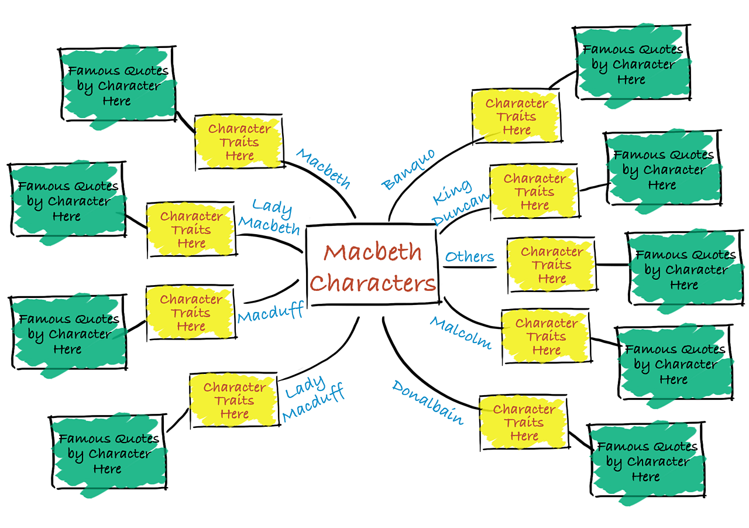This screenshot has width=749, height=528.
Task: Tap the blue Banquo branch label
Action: [408, 170]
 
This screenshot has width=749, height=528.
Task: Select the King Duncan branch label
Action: [460, 202]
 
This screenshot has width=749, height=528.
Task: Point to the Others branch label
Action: [469, 256]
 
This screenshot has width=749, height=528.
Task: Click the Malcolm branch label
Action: [461, 332]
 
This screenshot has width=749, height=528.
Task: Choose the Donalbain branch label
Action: [428, 402]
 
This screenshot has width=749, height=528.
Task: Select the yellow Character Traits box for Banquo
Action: [516, 116]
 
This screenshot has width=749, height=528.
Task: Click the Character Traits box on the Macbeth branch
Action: [239, 142]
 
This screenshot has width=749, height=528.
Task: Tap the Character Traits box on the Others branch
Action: [551, 265]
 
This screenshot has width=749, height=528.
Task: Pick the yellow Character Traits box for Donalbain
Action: [524, 422]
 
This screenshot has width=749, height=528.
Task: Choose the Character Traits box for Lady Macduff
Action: [234, 400]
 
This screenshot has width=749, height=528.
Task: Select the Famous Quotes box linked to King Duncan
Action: [662, 170]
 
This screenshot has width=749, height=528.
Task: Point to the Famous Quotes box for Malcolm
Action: [674, 364]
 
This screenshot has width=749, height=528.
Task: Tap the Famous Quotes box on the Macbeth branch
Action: [118, 85]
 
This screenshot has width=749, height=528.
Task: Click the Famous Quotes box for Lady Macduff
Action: [108, 453]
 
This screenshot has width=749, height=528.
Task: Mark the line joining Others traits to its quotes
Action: [612, 265]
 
